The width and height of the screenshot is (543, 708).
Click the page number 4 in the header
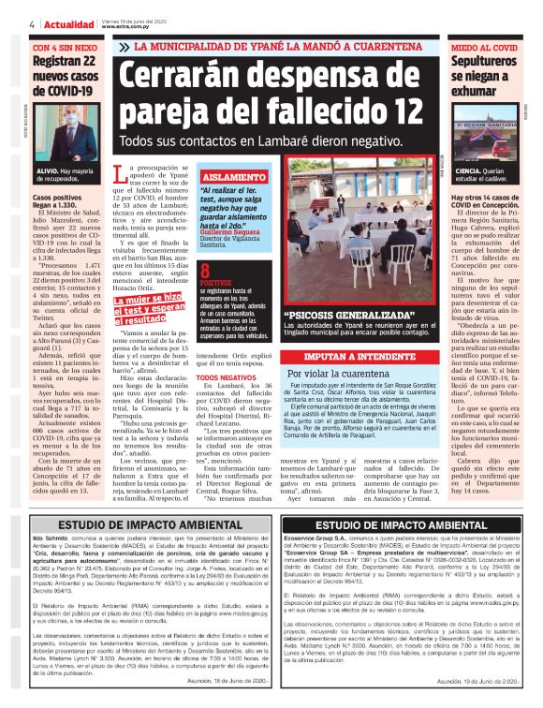point(33,24)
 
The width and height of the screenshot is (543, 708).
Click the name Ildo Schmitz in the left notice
point(48,540)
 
